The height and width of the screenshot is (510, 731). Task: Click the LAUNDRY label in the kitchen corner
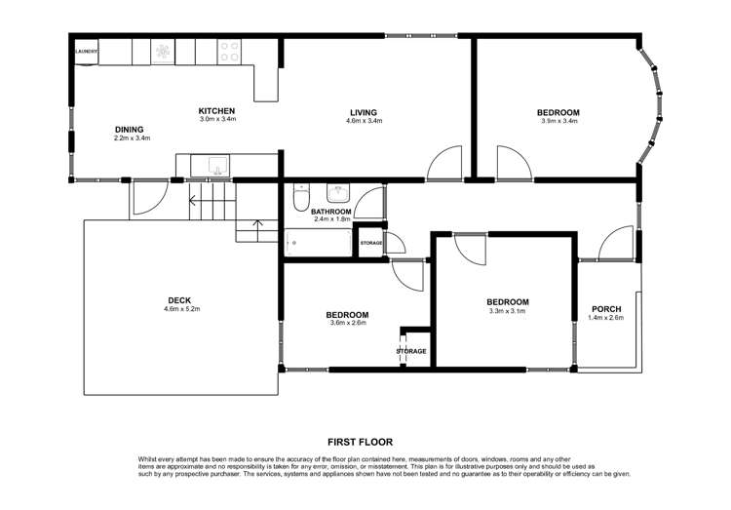click(86, 52)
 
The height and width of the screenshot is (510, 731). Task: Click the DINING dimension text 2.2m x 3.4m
click(132, 138)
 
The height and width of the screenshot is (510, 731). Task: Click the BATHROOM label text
click(330, 211)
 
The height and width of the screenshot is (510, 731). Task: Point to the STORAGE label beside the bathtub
click(371, 242)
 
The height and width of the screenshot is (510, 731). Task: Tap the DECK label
click(179, 299)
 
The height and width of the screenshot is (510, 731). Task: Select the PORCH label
click(606, 309)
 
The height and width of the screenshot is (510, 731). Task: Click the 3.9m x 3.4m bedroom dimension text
click(559, 122)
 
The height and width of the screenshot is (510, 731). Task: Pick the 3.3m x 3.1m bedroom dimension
click(507, 311)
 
